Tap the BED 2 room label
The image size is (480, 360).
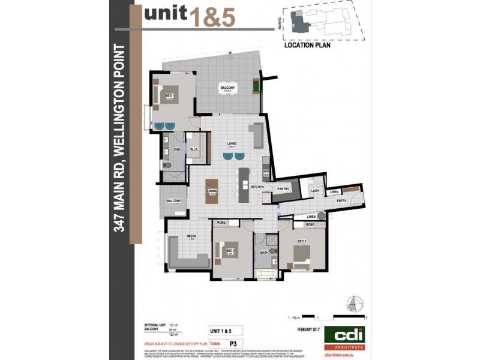[x=229, y=251]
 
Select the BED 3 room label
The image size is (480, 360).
[x=302, y=242]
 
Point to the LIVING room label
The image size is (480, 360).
[x=232, y=143]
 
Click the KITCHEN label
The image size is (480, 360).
[x=257, y=187]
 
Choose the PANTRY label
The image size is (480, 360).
[x=284, y=190]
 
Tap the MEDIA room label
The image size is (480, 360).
[x=192, y=236]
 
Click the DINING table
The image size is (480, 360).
[x=212, y=190]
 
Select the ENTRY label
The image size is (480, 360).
[x=341, y=202]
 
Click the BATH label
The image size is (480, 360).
[x=265, y=253]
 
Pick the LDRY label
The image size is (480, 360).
[x=314, y=191]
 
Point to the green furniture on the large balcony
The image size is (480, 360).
[x=257, y=86]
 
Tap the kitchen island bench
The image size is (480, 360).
[x=244, y=185]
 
